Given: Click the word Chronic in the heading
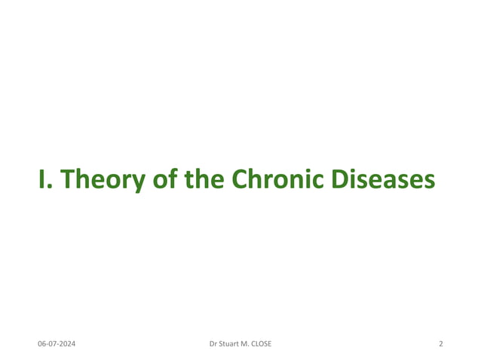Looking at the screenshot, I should [x=279, y=179].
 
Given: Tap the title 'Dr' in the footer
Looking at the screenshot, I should [x=213, y=344].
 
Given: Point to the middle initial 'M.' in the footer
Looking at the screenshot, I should [x=253, y=344].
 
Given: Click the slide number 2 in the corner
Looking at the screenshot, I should [x=440, y=344].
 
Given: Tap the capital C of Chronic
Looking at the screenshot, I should [x=240, y=179].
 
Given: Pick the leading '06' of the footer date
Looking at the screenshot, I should [x=42, y=344].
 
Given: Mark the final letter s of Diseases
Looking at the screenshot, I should [x=430, y=182].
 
